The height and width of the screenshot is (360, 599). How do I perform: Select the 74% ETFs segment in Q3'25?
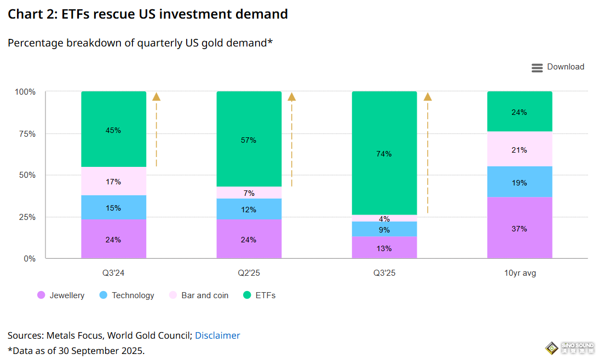click(384, 153)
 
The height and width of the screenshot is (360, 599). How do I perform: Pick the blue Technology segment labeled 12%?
click(249, 209)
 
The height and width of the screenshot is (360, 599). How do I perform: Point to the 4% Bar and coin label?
click(384, 219)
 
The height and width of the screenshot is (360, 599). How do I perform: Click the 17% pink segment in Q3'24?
click(113, 181)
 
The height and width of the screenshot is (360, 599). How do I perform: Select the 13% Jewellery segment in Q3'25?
click(384, 247)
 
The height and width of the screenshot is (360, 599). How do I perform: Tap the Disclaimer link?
click(217, 335)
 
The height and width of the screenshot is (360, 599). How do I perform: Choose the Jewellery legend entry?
click(61, 295)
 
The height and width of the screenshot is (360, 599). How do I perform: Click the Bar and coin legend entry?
click(198, 295)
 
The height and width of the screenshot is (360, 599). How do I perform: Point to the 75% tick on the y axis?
click(25, 134)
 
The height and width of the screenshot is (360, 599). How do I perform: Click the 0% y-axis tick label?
click(29, 258)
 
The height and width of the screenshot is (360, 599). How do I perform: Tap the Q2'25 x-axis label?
click(249, 272)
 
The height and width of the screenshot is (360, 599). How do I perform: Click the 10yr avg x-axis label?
click(519, 272)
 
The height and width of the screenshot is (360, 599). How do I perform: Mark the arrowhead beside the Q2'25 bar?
click(292, 97)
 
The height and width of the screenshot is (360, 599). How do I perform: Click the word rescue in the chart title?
click(116, 14)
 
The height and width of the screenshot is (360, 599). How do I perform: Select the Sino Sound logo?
click(569, 348)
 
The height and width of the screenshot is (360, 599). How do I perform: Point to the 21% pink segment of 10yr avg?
click(519, 149)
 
